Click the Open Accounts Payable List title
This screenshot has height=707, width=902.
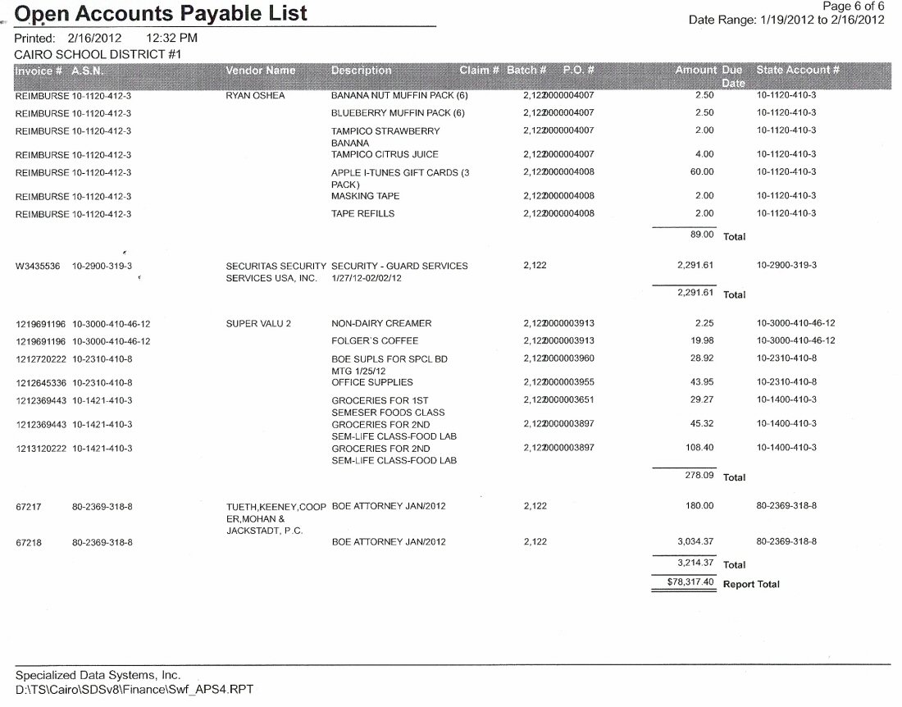(x=162, y=13)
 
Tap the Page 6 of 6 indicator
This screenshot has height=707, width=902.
(x=853, y=6)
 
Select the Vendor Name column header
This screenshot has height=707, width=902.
(x=260, y=71)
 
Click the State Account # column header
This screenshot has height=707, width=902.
(x=797, y=71)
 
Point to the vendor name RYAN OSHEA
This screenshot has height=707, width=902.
(x=255, y=96)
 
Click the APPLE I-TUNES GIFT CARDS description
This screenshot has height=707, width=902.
(x=400, y=172)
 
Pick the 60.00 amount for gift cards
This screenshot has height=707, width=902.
(x=703, y=172)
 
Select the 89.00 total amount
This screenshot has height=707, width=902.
(x=703, y=235)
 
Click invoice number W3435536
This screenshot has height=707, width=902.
(x=38, y=266)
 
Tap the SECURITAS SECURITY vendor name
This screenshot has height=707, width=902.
(x=276, y=266)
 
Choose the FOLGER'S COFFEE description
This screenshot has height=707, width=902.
(x=375, y=340)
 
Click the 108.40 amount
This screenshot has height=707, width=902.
(x=699, y=448)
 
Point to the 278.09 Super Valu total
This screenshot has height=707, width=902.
(x=699, y=476)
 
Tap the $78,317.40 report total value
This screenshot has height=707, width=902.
(x=685, y=582)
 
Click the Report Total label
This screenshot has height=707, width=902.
(x=751, y=585)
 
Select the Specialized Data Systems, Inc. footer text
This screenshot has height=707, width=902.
(x=98, y=674)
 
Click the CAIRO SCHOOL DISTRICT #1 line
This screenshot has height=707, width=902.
(x=98, y=53)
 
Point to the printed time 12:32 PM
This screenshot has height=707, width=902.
(x=171, y=38)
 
